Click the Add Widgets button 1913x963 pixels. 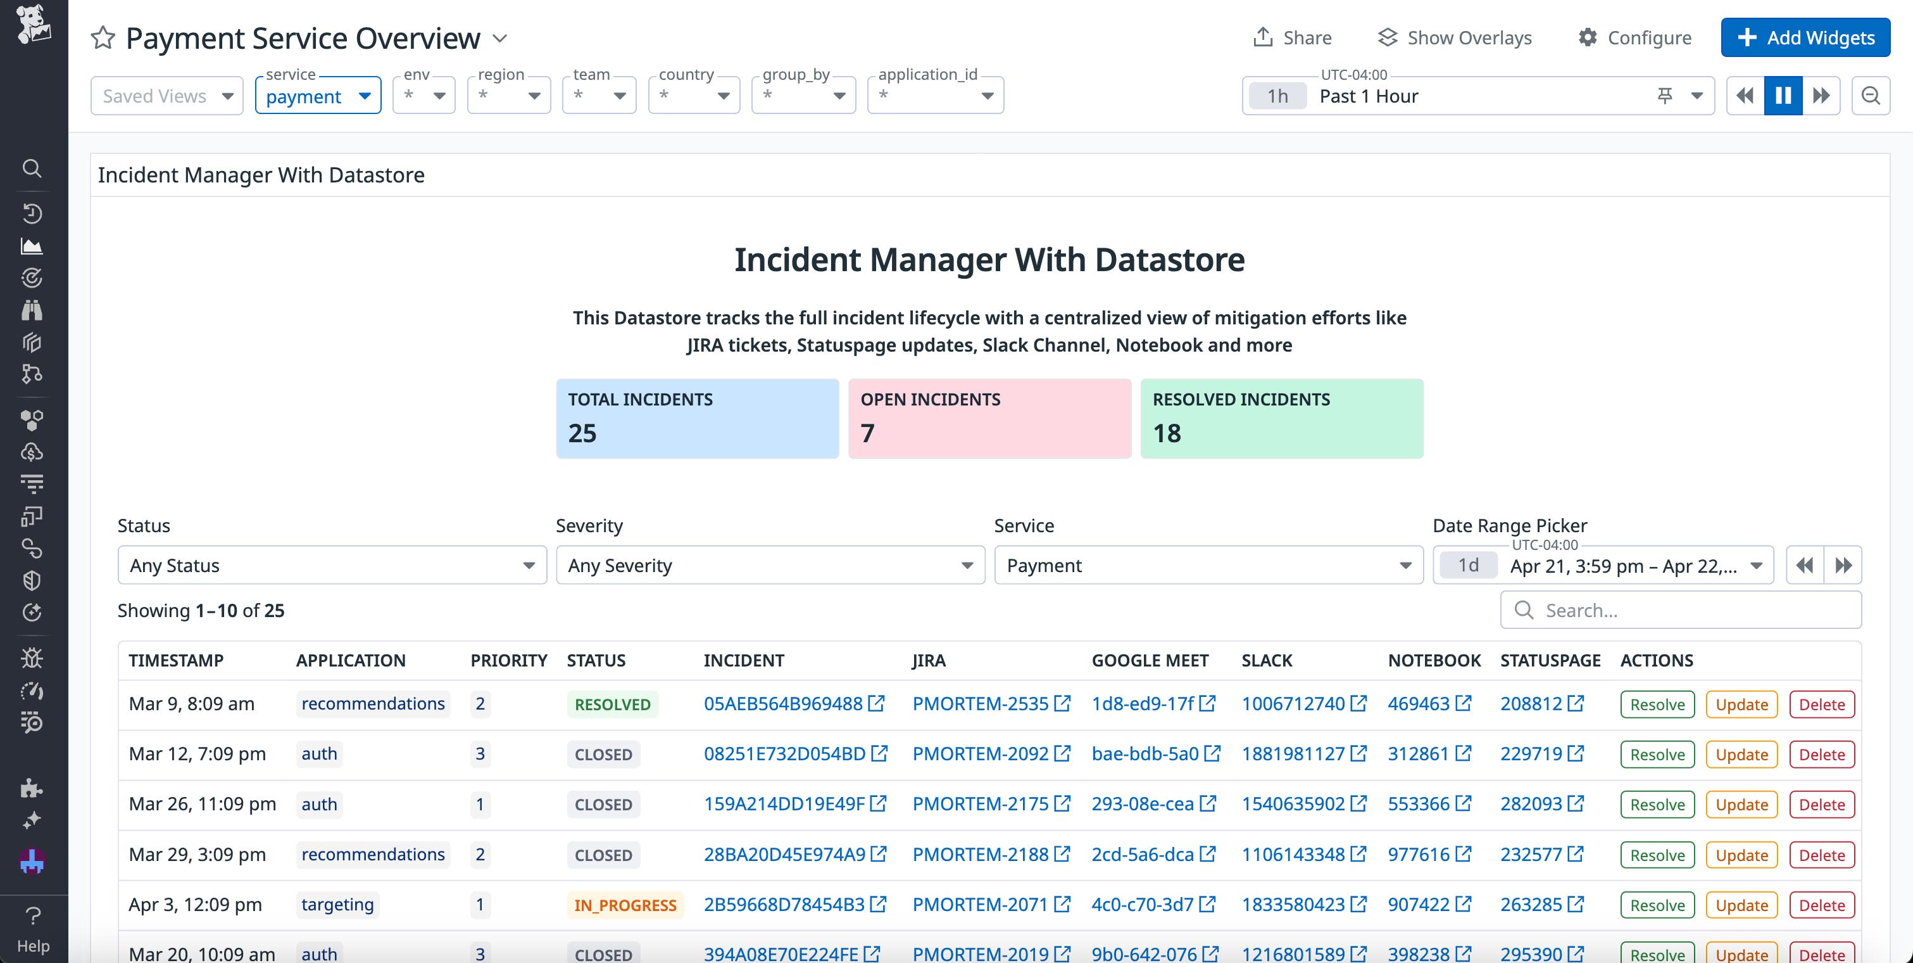click(1805, 38)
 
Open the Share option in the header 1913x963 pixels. click(1292, 38)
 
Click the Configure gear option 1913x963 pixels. click(1635, 38)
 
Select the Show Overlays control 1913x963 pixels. click(1455, 38)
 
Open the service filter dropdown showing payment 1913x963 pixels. click(318, 96)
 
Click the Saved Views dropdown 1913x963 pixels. click(167, 96)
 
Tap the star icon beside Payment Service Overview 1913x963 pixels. click(103, 38)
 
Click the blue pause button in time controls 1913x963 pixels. click(1783, 96)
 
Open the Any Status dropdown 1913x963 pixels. click(332, 566)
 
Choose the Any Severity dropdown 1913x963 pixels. click(770, 566)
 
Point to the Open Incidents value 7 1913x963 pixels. click(867, 433)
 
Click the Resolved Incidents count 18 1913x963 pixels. click(1167, 433)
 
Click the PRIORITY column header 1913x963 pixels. click(509, 661)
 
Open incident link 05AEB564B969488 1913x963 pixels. click(784, 704)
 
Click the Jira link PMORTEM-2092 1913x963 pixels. click(981, 753)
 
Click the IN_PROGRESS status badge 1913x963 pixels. click(625, 905)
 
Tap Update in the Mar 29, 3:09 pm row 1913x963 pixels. click(1741, 855)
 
